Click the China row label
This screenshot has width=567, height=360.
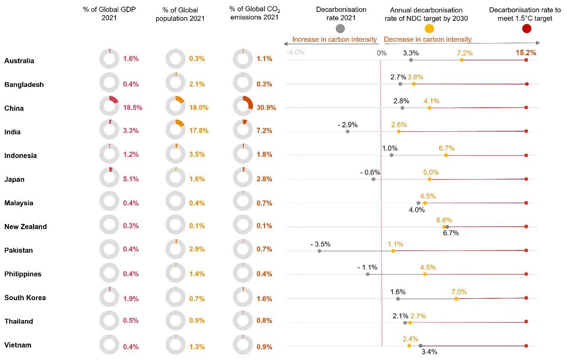coord(14,108)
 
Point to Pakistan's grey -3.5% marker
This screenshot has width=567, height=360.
coord(319,251)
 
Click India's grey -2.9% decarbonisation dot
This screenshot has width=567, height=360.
coord(348,131)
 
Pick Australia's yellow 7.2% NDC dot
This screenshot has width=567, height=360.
coord(462,60)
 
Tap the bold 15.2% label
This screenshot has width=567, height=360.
coord(526,53)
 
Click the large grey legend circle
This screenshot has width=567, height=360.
coord(340,29)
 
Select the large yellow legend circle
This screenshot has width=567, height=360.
coord(429,29)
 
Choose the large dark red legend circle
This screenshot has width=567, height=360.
coord(526,29)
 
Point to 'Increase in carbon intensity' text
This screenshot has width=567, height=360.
coord(334,39)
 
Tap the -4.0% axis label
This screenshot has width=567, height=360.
coord(295,52)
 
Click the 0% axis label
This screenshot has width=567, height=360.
coord(381,53)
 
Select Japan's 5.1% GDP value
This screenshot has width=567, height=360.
coord(131,179)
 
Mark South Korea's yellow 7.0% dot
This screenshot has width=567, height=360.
coord(456,299)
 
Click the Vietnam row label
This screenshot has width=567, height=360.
coord(18,345)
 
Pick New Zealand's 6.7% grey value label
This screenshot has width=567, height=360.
coord(450,233)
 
